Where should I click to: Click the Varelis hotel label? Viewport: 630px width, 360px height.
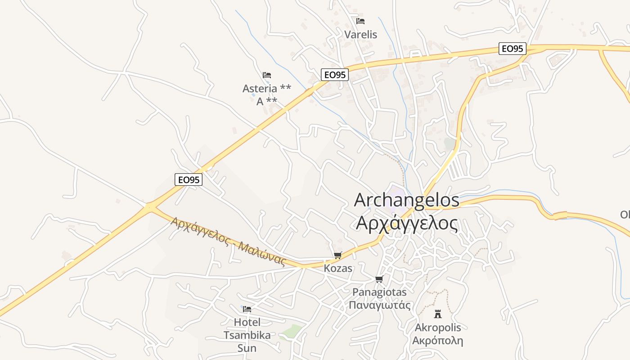tap(360, 35)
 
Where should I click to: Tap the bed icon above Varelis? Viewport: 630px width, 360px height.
tap(360, 21)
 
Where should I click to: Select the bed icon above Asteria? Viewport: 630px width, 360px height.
tap(267, 75)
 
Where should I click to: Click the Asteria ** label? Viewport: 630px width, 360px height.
tap(267, 89)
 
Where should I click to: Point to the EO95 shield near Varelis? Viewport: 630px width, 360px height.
tap(512, 49)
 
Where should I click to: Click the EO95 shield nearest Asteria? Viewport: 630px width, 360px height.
tap(335, 75)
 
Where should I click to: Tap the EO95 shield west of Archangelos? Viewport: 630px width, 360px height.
tap(189, 180)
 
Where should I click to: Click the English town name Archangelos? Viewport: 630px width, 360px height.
tap(407, 200)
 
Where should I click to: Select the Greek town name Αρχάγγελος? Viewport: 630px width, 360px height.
tap(407, 223)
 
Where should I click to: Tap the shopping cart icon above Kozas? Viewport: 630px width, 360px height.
tap(338, 256)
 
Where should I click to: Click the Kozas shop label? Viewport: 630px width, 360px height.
tap(338, 269)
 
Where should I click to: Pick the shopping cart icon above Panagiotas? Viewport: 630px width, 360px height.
tap(379, 279)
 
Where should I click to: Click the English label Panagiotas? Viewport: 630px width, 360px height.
tap(379, 292)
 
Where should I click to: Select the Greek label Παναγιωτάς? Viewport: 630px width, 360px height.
tap(379, 305)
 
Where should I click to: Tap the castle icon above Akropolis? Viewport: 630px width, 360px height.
tap(437, 314)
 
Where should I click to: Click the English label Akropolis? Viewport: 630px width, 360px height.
tap(437, 327)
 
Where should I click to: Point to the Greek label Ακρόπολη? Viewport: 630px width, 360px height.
tap(437, 340)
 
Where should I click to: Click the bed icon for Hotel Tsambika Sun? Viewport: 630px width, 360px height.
tap(247, 309)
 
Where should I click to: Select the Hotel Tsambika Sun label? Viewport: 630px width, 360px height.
tap(247, 335)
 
